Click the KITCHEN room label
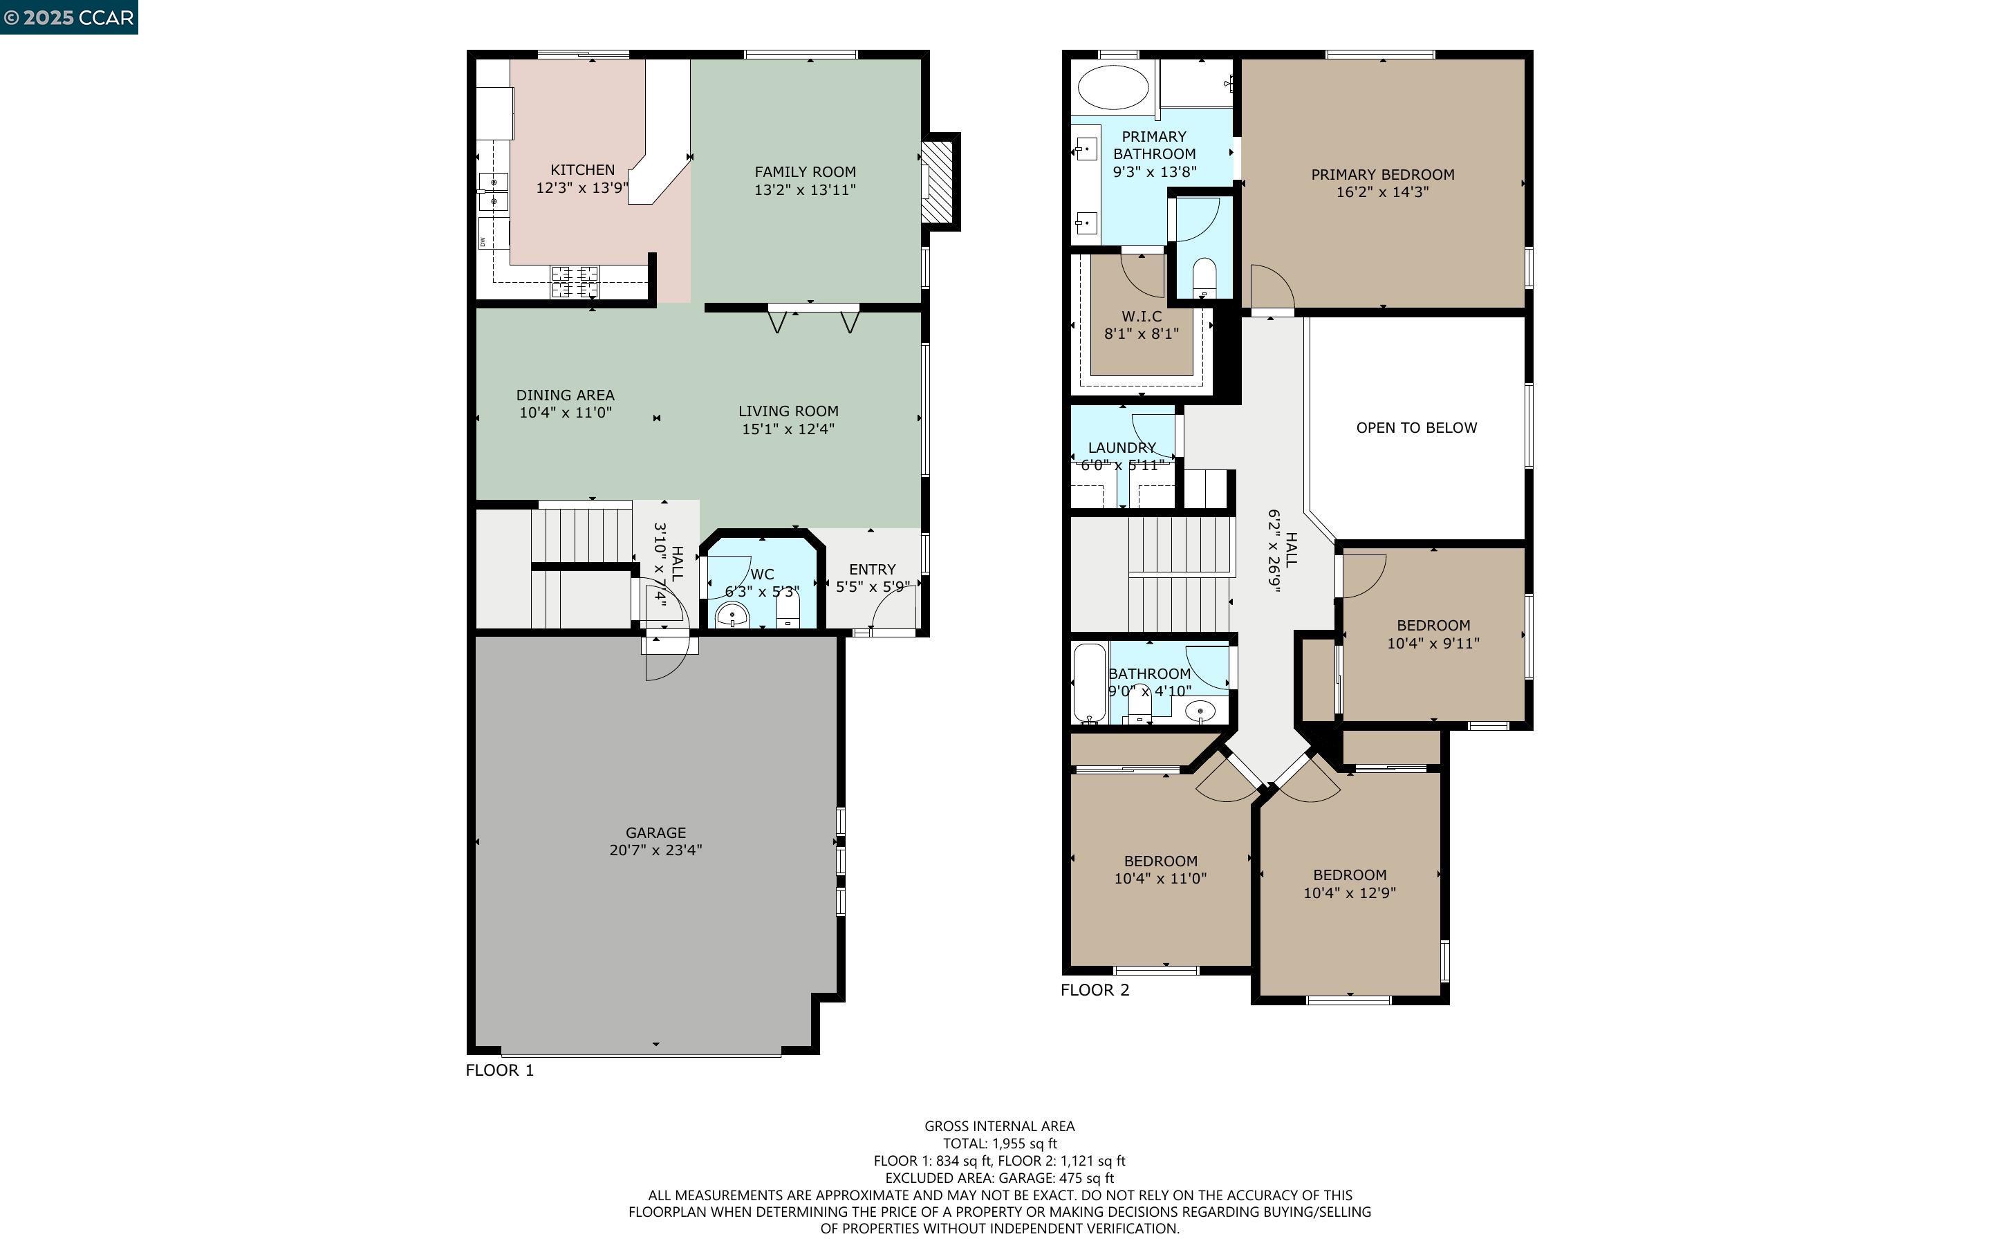[x=583, y=169]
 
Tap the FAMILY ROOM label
[x=805, y=172]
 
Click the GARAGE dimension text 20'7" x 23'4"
[x=655, y=850]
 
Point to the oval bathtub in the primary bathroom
[x=1113, y=88]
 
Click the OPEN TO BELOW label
[x=1417, y=427]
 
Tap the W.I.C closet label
[x=1142, y=317]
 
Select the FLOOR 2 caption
[x=1095, y=989]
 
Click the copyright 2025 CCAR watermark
[x=68, y=17]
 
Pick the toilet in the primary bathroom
[x=1204, y=279]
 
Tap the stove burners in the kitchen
[x=575, y=281]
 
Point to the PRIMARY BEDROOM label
[x=1383, y=174]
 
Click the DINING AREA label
[x=566, y=395]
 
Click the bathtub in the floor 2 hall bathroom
[x=1090, y=684]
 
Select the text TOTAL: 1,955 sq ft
[x=1000, y=1144]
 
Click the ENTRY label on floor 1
[x=873, y=570]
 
